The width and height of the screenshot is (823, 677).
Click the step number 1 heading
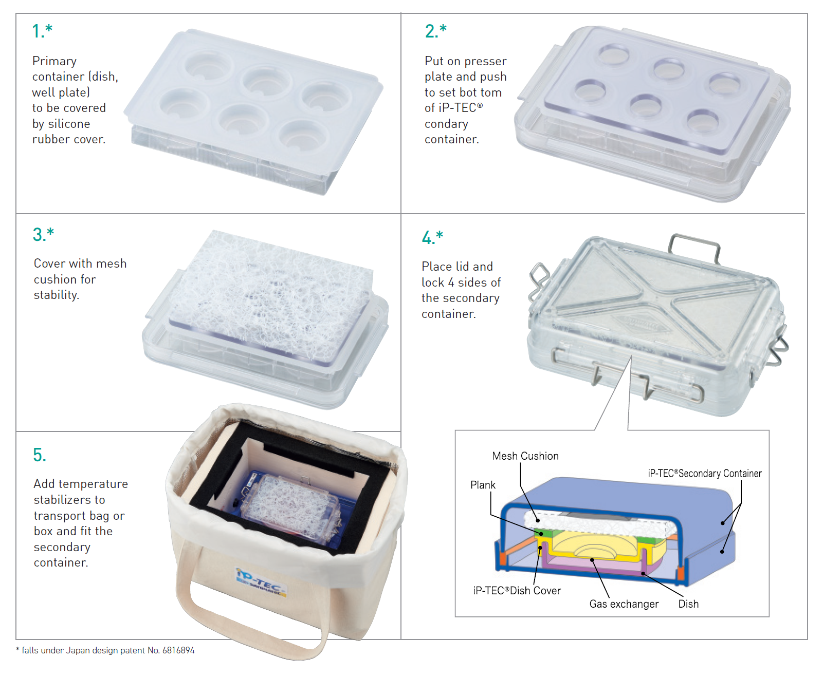tap(42, 31)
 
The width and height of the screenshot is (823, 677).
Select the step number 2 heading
tap(435, 31)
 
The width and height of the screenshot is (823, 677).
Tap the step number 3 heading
tap(43, 234)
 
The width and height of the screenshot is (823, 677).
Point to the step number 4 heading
tap(432, 237)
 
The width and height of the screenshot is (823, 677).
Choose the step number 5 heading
tap(40, 455)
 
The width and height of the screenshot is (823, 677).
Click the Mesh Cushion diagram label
tap(525, 456)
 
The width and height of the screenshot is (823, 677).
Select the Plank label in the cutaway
tap(483, 485)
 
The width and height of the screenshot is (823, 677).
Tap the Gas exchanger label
tap(624, 604)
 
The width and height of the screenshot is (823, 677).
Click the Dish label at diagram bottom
tap(688, 604)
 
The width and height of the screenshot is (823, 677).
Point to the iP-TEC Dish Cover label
tap(517, 590)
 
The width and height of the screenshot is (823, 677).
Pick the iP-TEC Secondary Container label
tap(705, 474)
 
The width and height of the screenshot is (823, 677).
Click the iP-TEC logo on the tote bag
tap(261, 582)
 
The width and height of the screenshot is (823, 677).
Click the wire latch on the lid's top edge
tap(694, 248)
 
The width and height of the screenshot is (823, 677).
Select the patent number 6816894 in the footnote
tap(178, 650)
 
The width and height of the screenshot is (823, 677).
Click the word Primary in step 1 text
tap(54, 61)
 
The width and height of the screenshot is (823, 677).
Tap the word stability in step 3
tap(56, 295)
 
